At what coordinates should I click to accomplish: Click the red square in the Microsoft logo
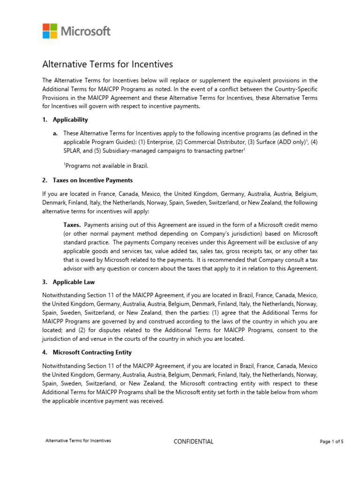(46, 27)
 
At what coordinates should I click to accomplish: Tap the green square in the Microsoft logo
(53, 27)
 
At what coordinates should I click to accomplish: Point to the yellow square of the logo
(53, 35)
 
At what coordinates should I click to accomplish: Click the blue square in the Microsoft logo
(46, 35)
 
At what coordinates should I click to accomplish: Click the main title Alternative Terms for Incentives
(108, 64)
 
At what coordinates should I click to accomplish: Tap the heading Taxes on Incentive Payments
(92, 180)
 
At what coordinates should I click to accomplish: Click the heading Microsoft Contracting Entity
(92, 352)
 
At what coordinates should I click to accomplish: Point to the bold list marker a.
(55, 133)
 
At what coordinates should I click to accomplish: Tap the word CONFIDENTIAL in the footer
(193, 442)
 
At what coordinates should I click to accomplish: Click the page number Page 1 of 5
(331, 442)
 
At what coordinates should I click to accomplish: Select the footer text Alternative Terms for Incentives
(78, 441)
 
